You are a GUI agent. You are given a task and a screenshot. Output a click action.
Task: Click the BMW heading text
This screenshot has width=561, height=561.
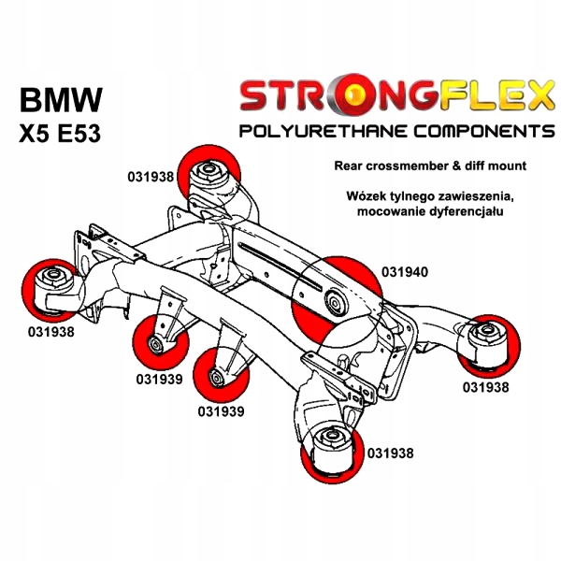click(61, 99)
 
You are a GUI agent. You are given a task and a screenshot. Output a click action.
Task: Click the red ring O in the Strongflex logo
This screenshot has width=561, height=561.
click(353, 99)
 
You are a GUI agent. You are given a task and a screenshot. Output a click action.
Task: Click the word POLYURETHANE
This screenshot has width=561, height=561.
click(324, 131)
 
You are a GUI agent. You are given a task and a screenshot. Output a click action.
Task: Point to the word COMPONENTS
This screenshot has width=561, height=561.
click(484, 131)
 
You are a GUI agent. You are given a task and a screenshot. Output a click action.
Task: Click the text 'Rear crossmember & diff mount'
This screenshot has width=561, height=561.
click(430, 165)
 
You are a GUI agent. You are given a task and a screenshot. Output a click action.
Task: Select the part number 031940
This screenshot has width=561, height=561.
click(405, 272)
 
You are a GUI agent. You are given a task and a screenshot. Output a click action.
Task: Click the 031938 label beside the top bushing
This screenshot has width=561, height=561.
click(151, 177)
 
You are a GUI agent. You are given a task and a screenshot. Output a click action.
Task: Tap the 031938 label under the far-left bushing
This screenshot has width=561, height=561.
click(51, 332)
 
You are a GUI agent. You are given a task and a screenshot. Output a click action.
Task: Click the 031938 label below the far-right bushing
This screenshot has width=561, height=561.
click(485, 387)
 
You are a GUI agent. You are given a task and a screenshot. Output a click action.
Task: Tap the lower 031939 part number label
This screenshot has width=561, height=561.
click(221, 411)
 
